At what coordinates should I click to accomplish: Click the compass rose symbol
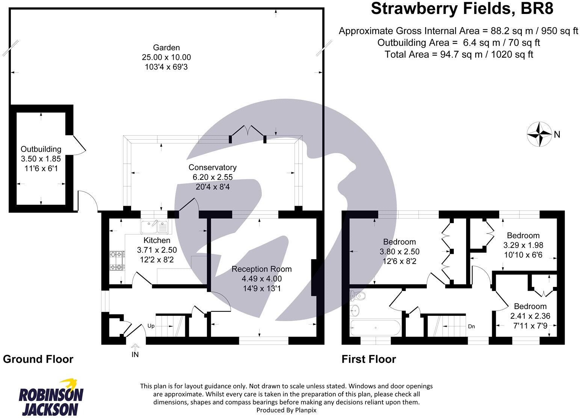pyautogui.click(x=539, y=134)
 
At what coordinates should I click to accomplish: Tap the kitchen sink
pyautogui.click(x=154, y=226)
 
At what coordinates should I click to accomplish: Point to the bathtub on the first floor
pyautogui.click(x=375, y=328)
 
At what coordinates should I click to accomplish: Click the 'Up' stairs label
pyautogui.click(x=151, y=326)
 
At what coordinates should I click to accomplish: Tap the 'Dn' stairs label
pyautogui.click(x=471, y=326)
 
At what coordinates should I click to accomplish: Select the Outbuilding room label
pyautogui.click(x=41, y=149)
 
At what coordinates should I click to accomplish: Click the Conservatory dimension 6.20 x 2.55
pyautogui.click(x=213, y=177)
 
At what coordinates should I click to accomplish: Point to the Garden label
pyautogui.click(x=166, y=47)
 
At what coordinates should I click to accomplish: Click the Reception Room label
pyautogui.click(x=261, y=269)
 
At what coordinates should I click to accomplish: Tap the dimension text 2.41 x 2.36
pyautogui.click(x=530, y=316)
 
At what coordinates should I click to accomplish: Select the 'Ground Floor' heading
pyautogui.click(x=38, y=359)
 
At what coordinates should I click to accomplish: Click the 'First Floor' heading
pyautogui.click(x=369, y=359)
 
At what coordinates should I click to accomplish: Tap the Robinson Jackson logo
pyautogui.click(x=51, y=398)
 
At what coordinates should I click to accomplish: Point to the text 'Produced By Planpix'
pyautogui.click(x=286, y=410)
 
